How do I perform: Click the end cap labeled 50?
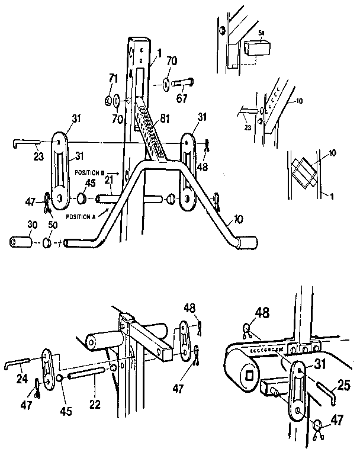(47, 243)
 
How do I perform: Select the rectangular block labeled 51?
(254, 49)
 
